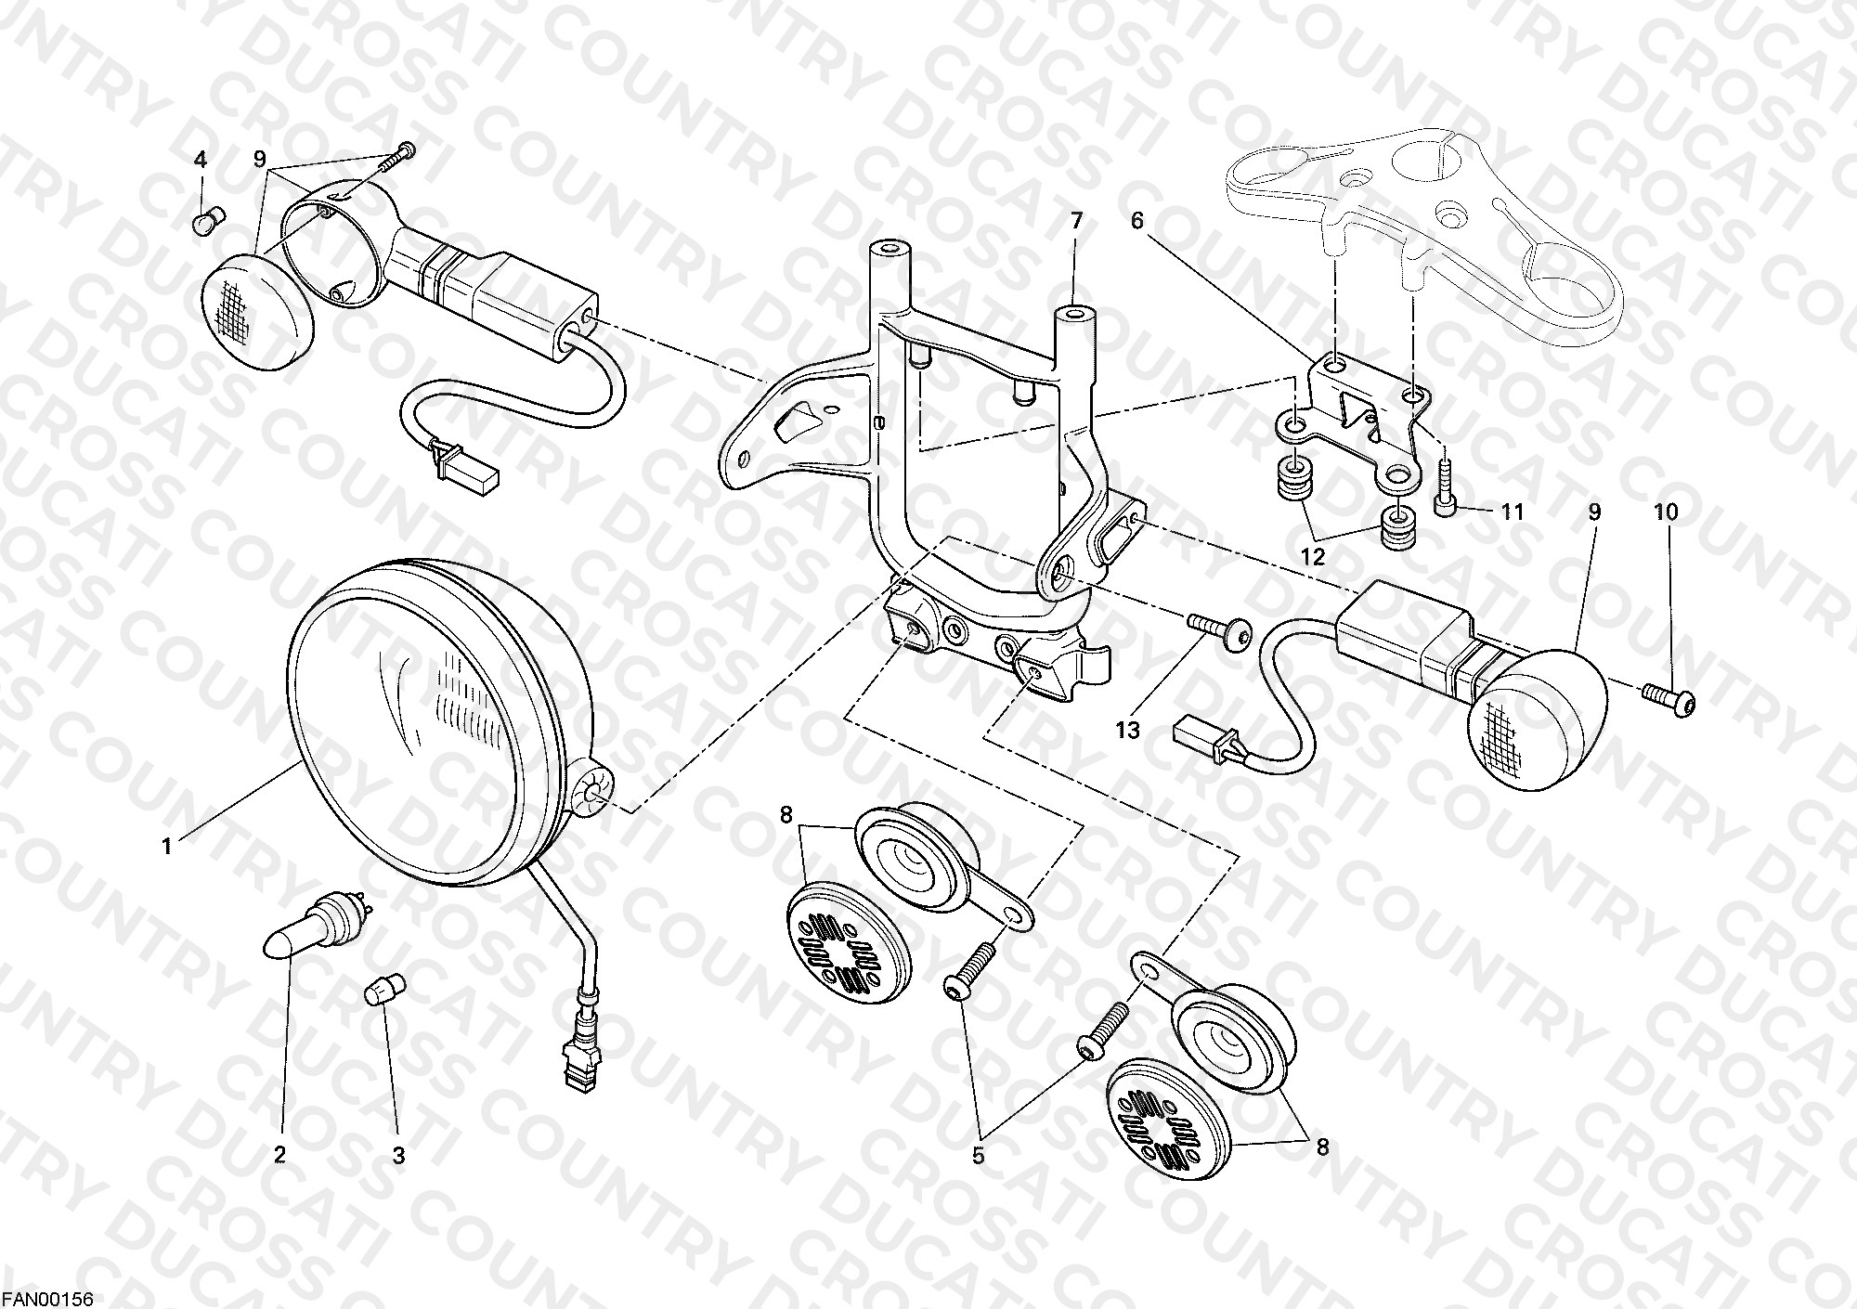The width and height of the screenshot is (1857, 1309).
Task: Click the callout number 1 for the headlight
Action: [167, 847]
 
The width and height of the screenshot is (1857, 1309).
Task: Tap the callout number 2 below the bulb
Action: [279, 1155]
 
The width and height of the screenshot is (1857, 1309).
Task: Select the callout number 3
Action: [398, 1156]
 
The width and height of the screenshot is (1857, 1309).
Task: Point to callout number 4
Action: [200, 160]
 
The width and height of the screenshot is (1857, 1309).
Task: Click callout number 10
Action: [1666, 512]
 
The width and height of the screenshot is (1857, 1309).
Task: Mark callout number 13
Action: [1127, 731]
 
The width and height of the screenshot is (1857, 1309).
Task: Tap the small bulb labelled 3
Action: [385, 990]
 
